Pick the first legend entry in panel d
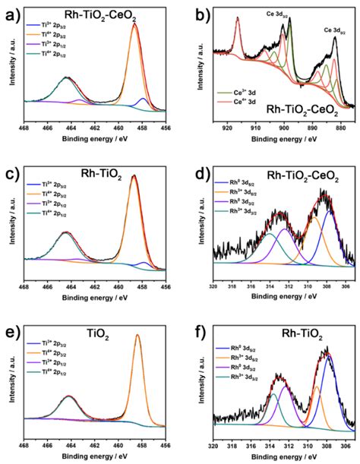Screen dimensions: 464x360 237,188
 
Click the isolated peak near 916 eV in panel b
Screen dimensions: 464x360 238,18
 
